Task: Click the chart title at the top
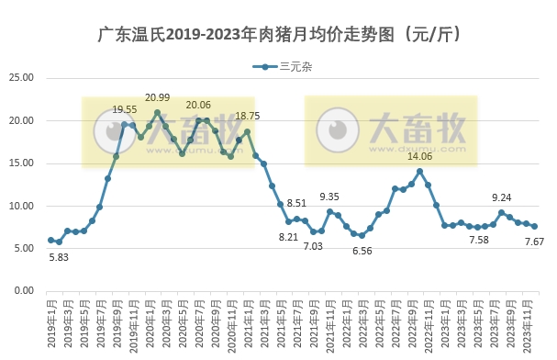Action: pos(278,35)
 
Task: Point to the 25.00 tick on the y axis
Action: pos(20,78)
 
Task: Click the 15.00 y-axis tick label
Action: pos(20,163)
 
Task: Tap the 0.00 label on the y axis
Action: pos(23,291)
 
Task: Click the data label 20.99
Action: pos(158,97)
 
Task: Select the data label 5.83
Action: pos(59,256)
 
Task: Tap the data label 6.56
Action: pos(362,251)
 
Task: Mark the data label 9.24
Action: pos(501,197)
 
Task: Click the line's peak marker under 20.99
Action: pos(158,113)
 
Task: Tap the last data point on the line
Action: pos(534,226)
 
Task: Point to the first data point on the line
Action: pos(51,241)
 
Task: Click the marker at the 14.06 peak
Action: pos(419,172)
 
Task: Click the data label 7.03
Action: pos(315,246)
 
